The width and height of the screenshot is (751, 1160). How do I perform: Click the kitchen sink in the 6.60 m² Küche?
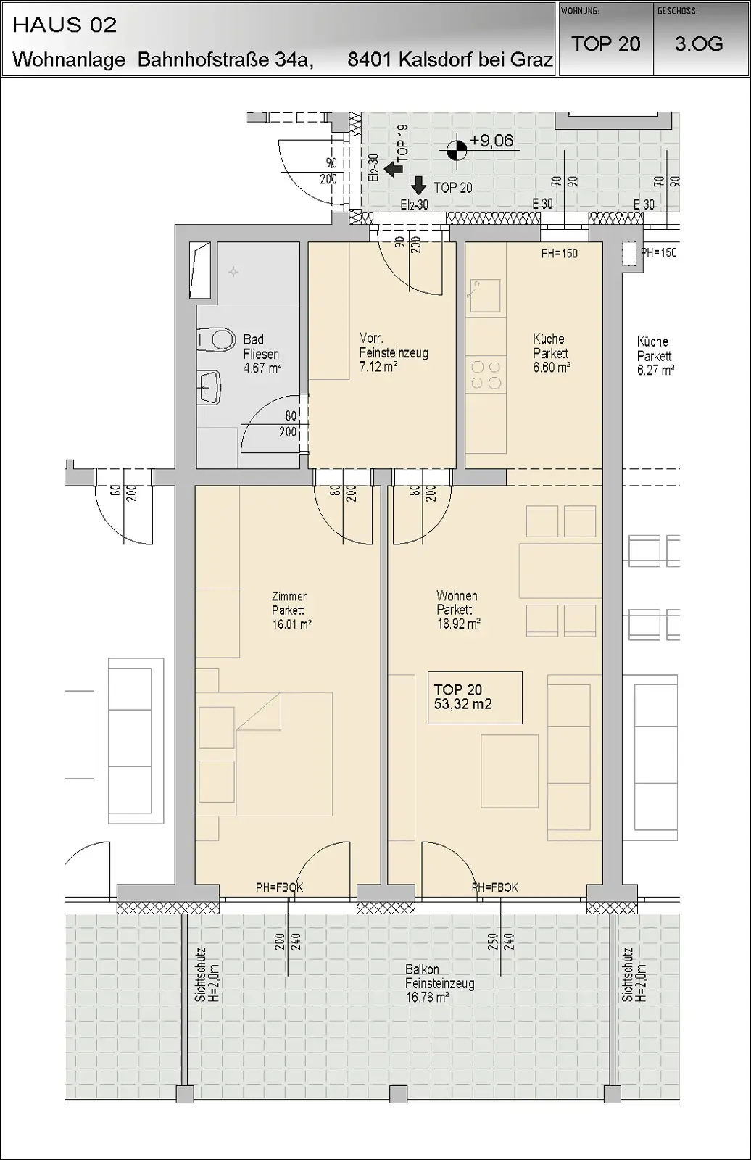485,296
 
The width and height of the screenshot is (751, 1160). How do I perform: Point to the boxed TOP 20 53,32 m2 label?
475,697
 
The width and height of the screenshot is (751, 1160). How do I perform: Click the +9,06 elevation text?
491,141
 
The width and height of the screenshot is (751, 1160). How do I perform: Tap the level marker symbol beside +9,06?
456,150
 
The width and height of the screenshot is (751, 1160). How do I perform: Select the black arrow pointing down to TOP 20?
418,185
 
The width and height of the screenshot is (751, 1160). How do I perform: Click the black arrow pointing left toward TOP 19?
394,168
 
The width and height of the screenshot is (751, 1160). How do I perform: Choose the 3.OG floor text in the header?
699,44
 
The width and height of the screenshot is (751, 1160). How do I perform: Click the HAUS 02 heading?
65,25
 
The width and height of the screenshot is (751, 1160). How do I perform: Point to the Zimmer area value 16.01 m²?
291,624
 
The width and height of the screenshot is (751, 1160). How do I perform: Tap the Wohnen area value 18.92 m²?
458,623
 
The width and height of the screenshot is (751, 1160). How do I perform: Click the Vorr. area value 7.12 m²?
378,367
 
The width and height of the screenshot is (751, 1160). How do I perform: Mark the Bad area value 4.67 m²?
262,368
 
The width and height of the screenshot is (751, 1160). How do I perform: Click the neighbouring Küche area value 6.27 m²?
655,370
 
